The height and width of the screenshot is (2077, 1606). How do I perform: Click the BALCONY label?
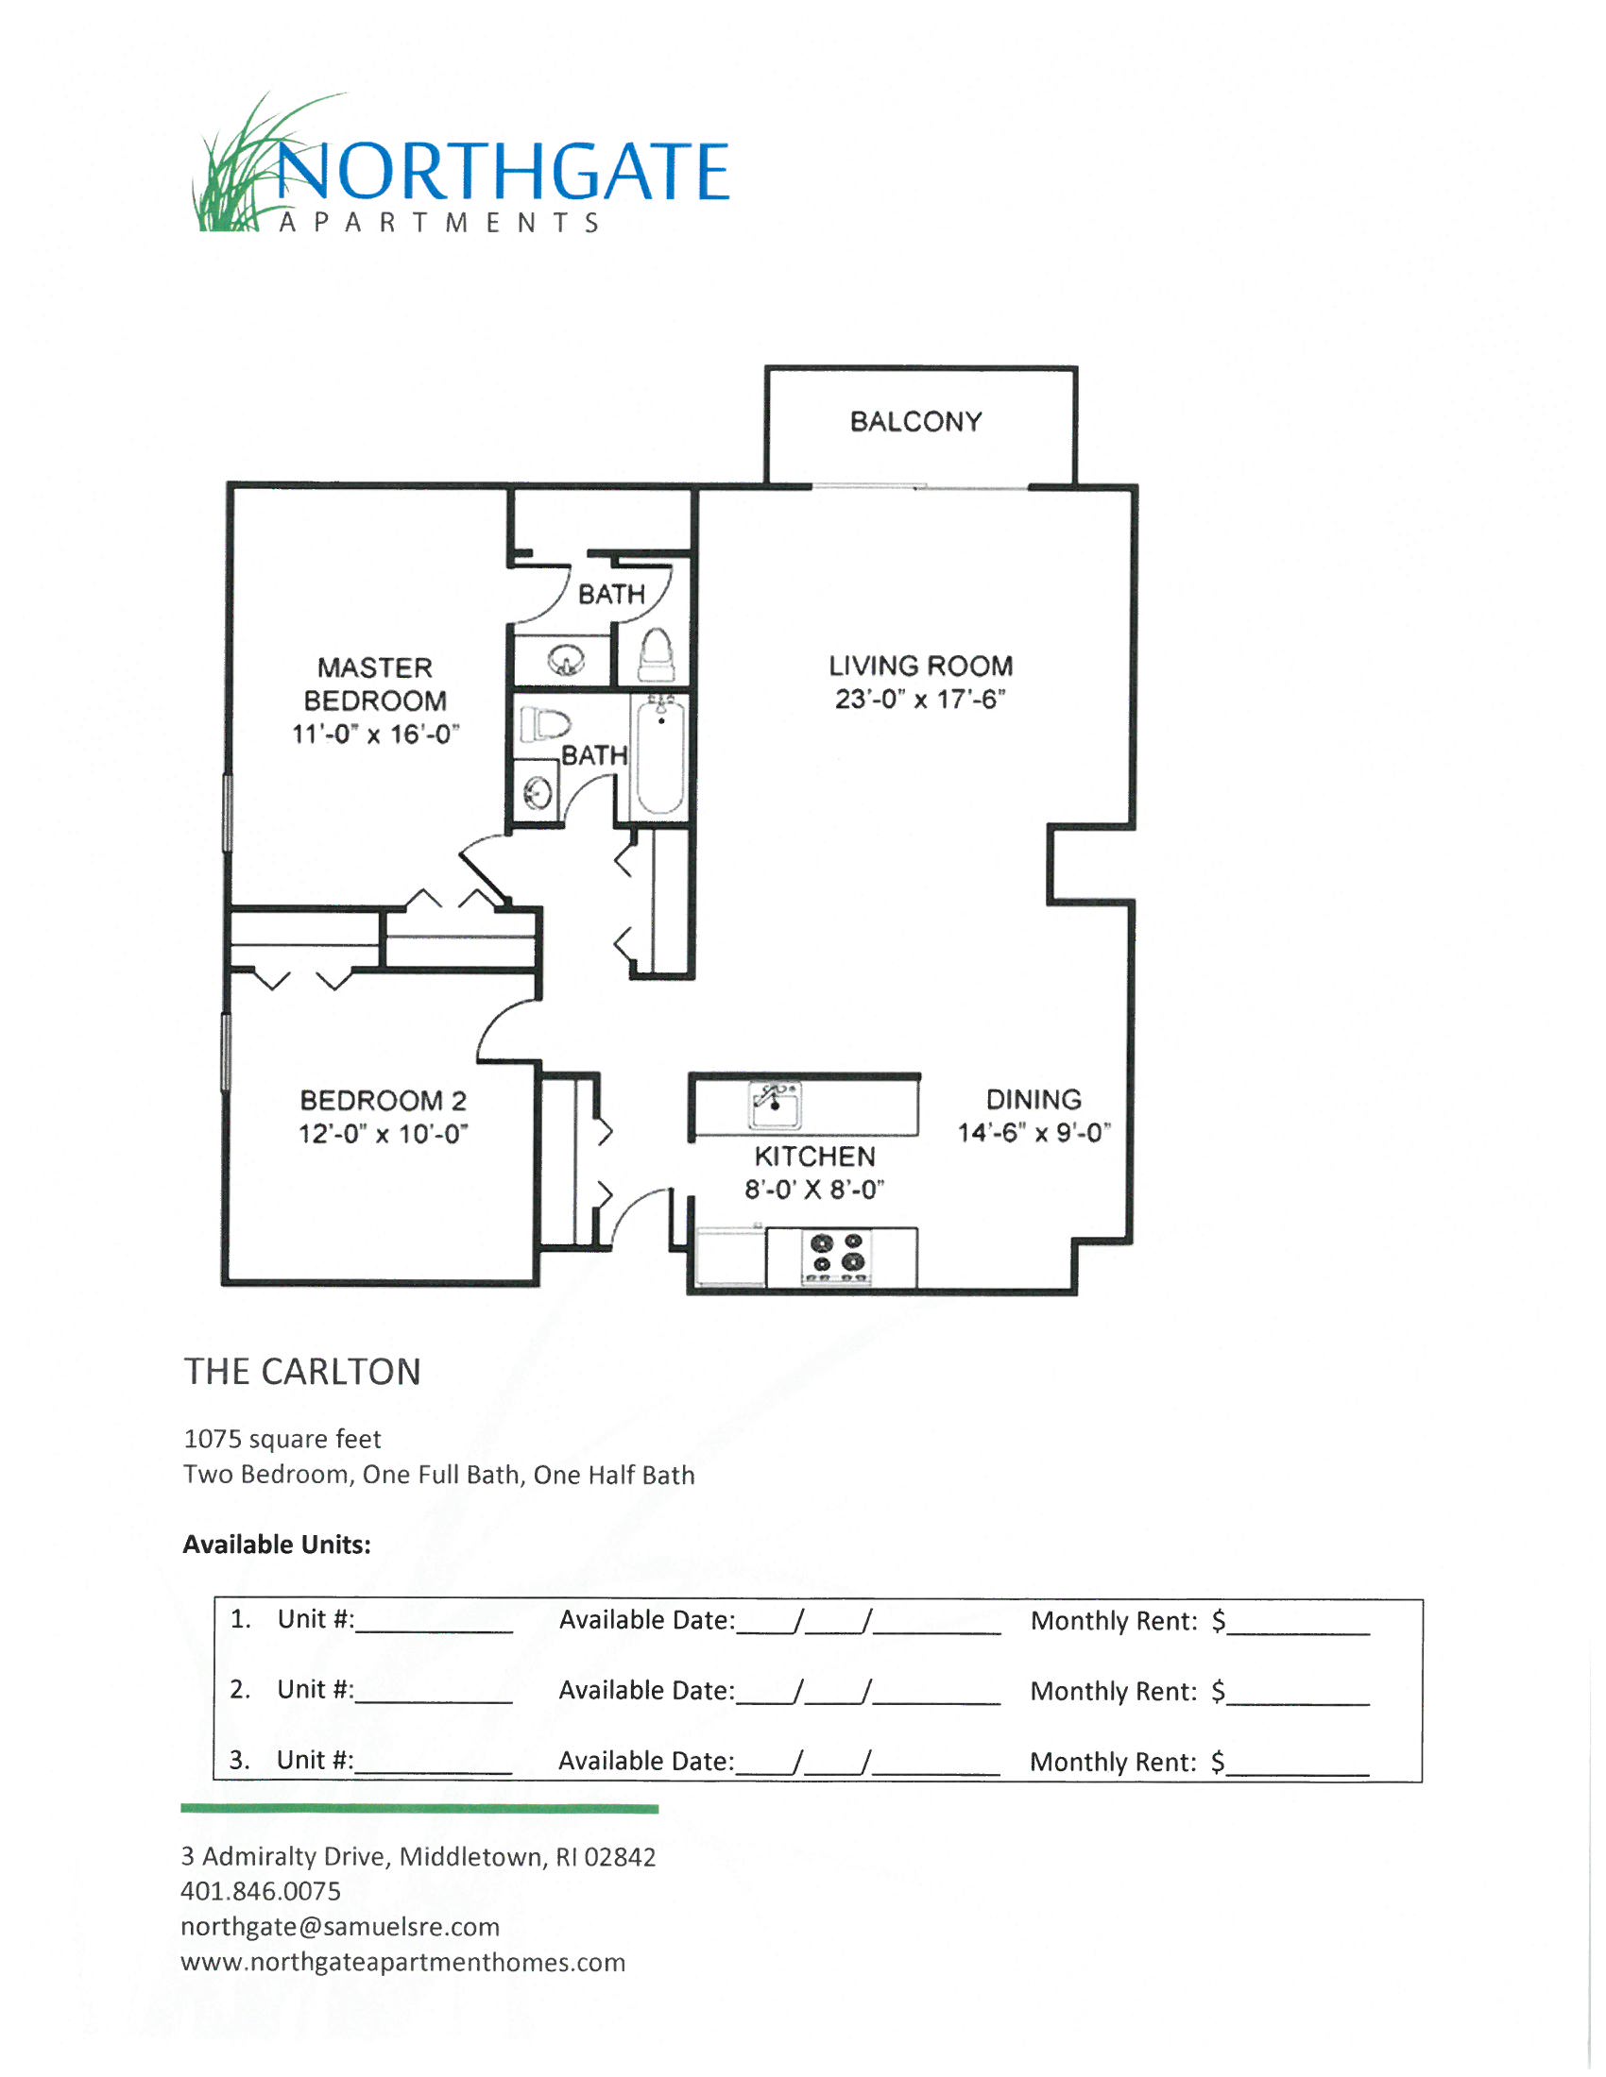pyautogui.click(x=915, y=421)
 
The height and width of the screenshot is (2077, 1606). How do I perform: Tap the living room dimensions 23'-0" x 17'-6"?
pyautogui.click(x=920, y=699)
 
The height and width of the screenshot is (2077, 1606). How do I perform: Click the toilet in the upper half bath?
pyautogui.click(x=656, y=654)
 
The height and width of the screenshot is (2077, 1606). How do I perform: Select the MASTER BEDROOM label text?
pyautogui.click(x=375, y=684)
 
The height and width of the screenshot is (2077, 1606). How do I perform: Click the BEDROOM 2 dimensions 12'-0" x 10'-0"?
pyautogui.click(x=383, y=1134)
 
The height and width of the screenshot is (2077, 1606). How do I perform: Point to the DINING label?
pyautogui.click(x=1034, y=1099)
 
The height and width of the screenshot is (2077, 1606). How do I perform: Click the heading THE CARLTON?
pyautogui.click(x=302, y=1373)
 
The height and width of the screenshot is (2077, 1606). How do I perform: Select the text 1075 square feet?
pyautogui.click(x=282, y=1439)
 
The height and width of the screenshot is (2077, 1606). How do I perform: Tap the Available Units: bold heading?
pyautogui.click(x=277, y=1545)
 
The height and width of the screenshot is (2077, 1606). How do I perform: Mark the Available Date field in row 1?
pyautogui.click(x=867, y=1622)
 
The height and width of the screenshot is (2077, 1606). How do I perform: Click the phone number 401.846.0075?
pyautogui.click(x=261, y=1891)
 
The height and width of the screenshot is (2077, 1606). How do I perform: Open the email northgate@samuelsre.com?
pyautogui.click(x=340, y=1927)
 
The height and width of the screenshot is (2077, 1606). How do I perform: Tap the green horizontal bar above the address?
pyautogui.click(x=419, y=1808)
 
